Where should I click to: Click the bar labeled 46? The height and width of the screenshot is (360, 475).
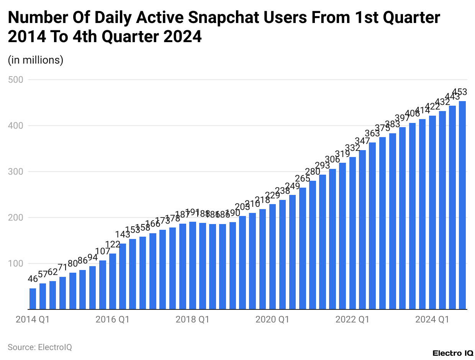pos(33,299)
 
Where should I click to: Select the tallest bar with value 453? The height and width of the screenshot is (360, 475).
pos(462,205)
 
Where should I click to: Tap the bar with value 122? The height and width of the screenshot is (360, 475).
pos(113,281)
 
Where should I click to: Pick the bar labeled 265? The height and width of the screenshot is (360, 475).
pos(303,249)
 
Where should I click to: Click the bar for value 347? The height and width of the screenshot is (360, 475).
pos(362,230)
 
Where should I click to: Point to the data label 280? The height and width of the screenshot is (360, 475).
pos(313,172)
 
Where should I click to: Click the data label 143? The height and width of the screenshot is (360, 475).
pos(123,234)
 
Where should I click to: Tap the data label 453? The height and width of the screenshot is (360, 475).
pos(459,92)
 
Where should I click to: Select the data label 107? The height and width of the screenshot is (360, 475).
pos(103,251)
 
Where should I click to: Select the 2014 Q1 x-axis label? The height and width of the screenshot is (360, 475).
pos(33,319)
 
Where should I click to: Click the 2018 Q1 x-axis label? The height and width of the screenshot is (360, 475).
pos(192,319)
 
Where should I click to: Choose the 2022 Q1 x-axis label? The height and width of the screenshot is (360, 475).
pos(352,319)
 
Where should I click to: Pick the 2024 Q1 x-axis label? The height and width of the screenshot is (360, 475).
pos(432,319)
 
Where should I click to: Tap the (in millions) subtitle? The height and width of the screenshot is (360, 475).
pos(36,60)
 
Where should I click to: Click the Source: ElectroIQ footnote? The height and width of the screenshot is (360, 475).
pos(40,347)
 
